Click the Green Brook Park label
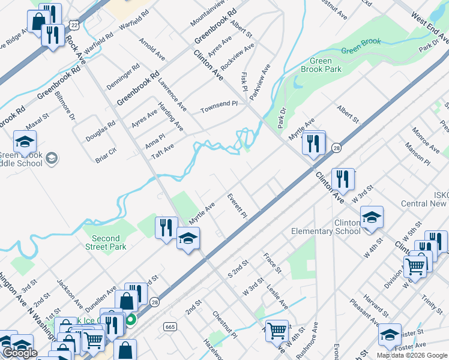(325, 65)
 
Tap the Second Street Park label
(106, 242)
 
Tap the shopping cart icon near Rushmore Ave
(277, 330)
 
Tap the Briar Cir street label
(106, 153)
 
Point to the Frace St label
(271, 263)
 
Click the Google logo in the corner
(20, 353)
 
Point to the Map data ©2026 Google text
(412, 355)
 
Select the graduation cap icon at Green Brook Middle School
(25, 142)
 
